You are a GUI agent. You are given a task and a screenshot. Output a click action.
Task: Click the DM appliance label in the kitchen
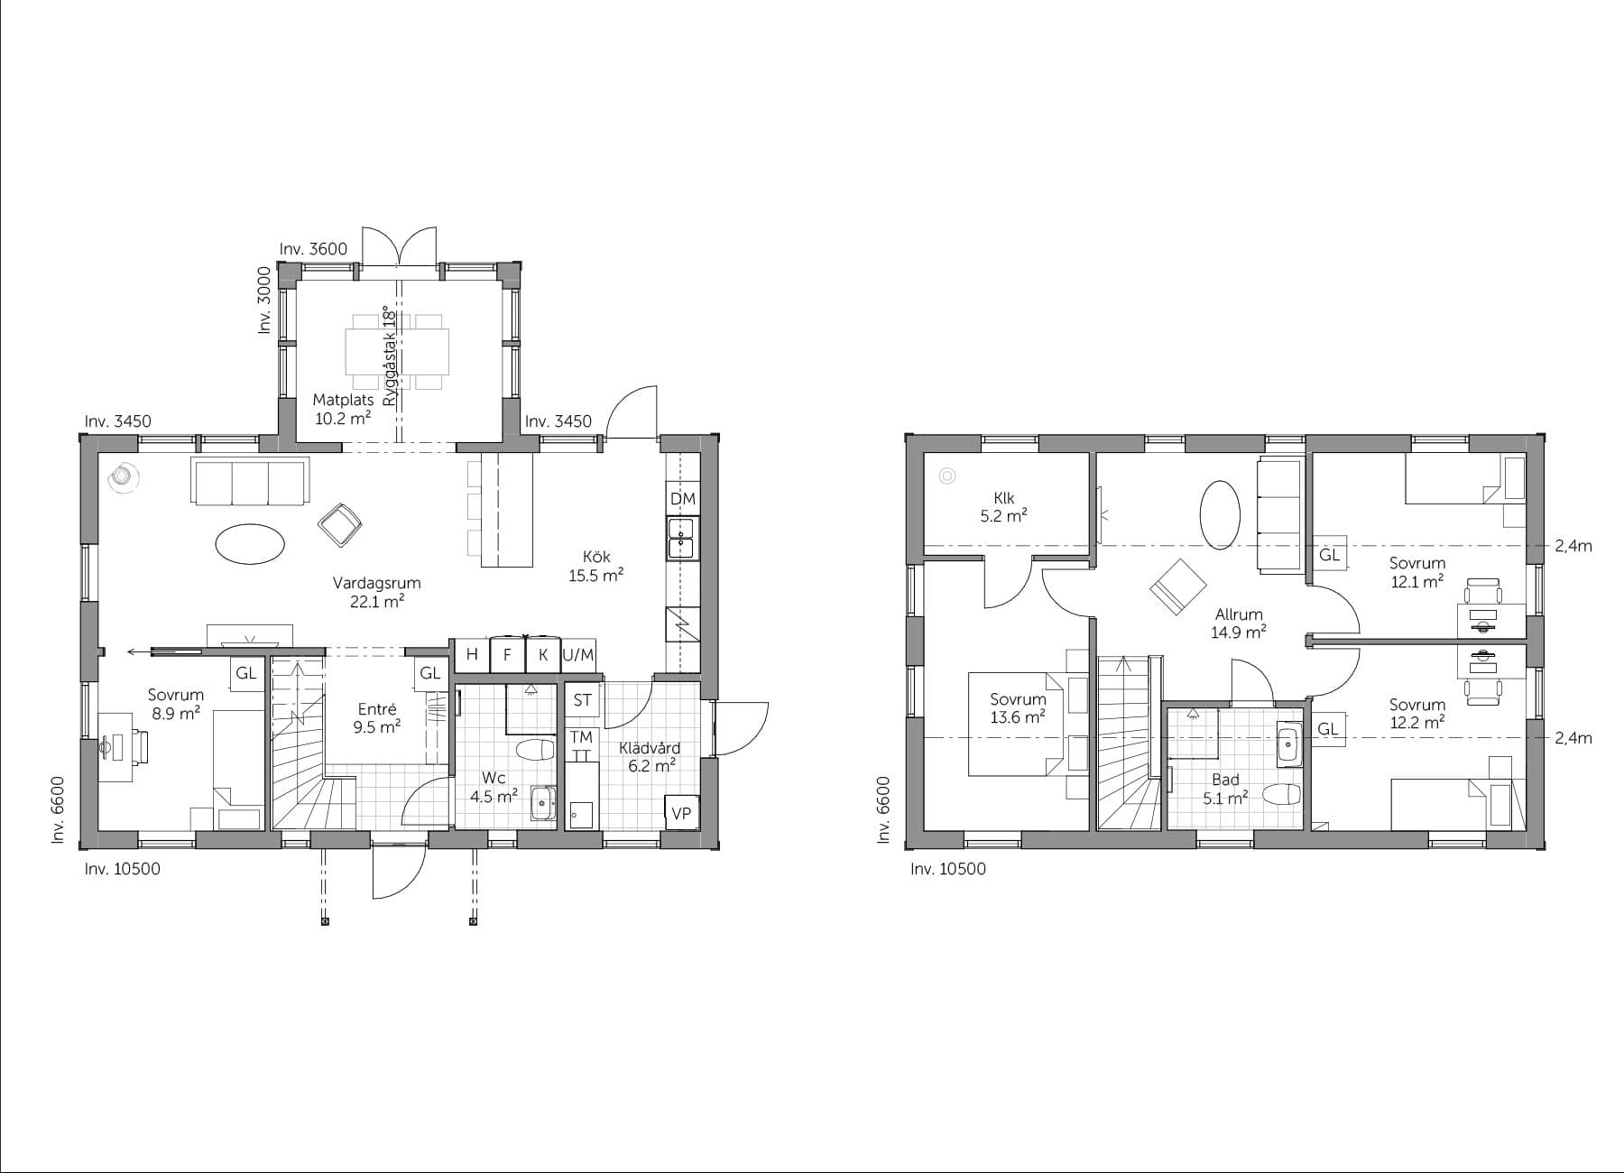click(x=683, y=498)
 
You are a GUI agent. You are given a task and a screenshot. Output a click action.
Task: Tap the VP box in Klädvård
click(x=681, y=812)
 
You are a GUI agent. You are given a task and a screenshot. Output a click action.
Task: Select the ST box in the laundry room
click(x=582, y=699)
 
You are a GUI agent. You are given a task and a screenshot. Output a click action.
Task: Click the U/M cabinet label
click(x=578, y=655)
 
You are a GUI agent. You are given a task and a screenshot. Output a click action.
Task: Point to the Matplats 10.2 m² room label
click(x=342, y=409)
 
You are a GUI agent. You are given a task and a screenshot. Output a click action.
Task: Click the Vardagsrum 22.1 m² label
click(x=377, y=592)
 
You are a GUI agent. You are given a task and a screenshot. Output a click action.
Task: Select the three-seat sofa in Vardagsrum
click(x=250, y=480)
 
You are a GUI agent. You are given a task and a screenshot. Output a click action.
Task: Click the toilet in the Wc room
click(x=534, y=751)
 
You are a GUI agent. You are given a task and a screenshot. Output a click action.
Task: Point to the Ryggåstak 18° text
click(x=390, y=356)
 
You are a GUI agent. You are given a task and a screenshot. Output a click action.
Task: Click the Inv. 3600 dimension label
click(x=313, y=249)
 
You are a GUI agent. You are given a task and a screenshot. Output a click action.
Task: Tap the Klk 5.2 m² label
click(x=1004, y=507)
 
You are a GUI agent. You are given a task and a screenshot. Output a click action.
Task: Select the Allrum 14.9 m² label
click(x=1239, y=623)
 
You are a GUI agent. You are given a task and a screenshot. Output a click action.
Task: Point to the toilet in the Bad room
click(x=1281, y=795)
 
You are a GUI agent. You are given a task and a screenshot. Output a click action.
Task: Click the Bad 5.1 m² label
click(x=1225, y=788)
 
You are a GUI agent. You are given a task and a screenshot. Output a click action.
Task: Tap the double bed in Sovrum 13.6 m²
click(x=1018, y=724)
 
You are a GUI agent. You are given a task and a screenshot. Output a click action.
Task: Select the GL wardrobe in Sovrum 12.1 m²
click(x=1329, y=555)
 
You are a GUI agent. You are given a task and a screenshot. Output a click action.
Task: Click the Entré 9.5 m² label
click(x=377, y=718)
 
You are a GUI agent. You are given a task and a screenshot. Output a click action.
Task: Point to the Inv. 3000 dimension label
click(x=264, y=300)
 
